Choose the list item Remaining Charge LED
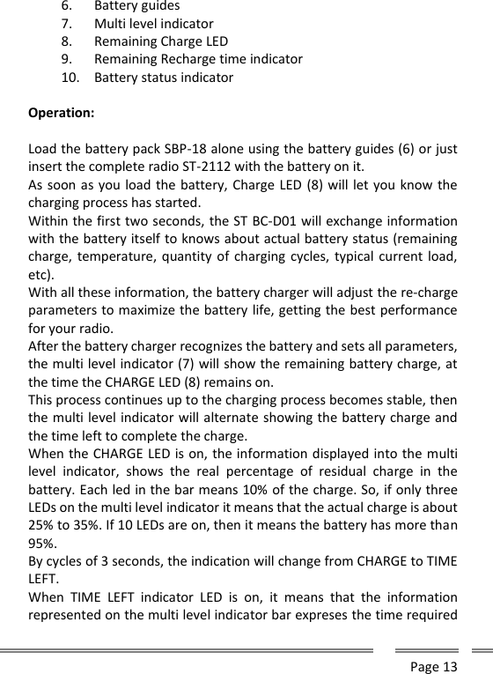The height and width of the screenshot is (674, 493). [x=161, y=41]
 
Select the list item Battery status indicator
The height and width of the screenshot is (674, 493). [x=164, y=78]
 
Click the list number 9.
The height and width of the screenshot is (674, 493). [x=67, y=59]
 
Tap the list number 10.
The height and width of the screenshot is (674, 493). [x=70, y=78]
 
